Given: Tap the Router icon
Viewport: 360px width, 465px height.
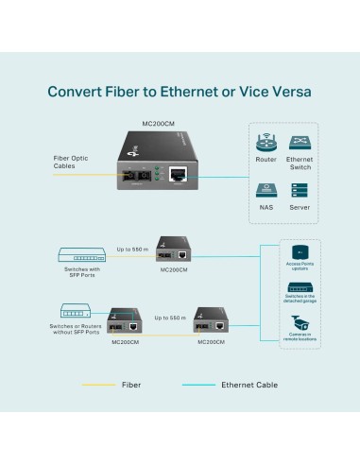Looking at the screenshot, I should point(266,145).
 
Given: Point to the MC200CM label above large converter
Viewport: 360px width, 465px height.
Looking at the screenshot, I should point(158,123).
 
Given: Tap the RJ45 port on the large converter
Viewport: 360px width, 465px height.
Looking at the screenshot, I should point(179,174).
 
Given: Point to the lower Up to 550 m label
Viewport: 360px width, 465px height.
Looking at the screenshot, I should point(170,318).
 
